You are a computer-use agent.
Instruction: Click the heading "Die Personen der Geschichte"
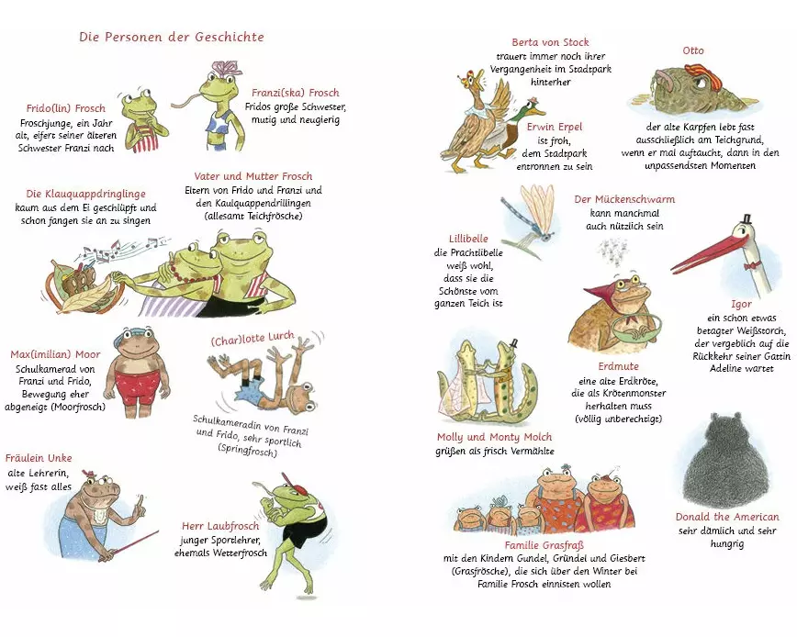172,37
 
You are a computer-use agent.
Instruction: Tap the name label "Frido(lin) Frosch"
65,108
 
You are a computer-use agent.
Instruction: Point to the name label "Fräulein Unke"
39,458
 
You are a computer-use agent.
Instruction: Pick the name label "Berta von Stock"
550,42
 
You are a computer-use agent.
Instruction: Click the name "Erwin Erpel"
554,127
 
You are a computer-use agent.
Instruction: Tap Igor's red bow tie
751,265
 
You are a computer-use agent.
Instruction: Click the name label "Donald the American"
727,517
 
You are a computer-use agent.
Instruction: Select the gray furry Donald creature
724,460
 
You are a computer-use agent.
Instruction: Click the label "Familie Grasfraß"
544,545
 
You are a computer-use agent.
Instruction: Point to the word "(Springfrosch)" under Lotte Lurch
247,450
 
